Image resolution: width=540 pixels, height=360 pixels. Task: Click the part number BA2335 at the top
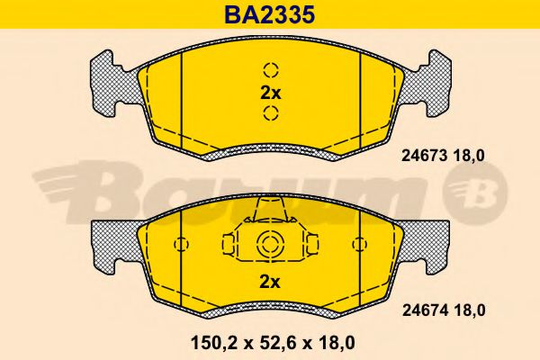270,13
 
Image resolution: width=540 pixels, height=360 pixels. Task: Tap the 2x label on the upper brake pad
270,92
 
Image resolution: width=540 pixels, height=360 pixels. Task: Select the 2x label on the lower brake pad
270,281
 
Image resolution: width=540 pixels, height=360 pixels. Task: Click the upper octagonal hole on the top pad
270,71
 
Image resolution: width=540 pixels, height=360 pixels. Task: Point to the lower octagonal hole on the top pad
270,112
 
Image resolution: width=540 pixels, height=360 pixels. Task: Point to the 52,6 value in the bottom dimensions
270,343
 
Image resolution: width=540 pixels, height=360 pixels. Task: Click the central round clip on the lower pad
270,244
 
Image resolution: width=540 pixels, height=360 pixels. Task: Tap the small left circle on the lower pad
182,244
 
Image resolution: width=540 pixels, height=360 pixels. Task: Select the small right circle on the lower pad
359,244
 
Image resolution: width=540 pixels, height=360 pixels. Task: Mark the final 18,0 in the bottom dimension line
333,343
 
